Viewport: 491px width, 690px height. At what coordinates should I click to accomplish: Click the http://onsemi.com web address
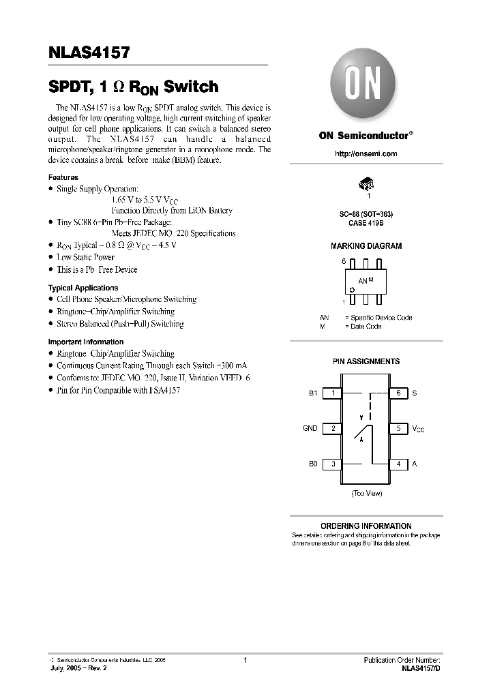[x=366, y=154]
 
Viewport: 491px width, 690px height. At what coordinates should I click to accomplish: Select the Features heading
[x=63, y=177]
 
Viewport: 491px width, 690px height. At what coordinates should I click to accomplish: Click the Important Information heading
[x=86, y=342]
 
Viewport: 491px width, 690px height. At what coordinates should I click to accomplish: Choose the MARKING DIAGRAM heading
[x=366, y=246]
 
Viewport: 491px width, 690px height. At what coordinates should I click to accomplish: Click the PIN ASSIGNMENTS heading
[x=366, y=361]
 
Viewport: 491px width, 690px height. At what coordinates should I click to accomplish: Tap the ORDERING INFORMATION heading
[x=366, y=526]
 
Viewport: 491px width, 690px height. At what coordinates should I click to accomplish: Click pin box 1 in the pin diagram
[x=332, y=393]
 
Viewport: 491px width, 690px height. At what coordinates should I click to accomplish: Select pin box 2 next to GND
[x=332, y=429]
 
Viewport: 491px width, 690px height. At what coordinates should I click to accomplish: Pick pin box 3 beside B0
[x=332, y=464]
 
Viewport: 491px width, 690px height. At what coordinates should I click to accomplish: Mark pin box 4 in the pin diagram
[x=398, y=464]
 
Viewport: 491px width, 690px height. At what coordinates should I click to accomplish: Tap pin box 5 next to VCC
[x=398, y=429]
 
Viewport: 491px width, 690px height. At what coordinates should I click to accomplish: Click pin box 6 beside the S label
[x=398, y=393]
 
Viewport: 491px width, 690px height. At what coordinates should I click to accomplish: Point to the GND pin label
[x=310, y=429]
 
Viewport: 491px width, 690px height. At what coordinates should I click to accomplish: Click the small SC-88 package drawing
[x=367, y=183]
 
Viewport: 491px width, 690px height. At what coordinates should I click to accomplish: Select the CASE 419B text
[x=367, y=222]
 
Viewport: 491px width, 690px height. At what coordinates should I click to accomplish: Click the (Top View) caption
[x=366, y=492]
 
